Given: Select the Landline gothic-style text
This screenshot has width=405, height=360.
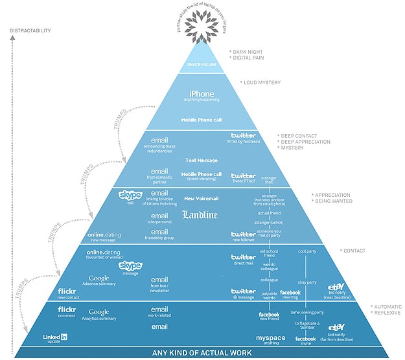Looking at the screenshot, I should pyautogui.click(x=200, y=215).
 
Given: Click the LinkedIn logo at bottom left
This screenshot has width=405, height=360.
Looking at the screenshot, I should pyautogui.click(x=55, y=337).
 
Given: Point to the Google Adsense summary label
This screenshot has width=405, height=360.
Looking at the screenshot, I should pyautogui.click(x=99, y=279).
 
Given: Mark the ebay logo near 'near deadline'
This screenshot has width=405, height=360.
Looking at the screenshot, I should pyautogui.click(x=336, y=287).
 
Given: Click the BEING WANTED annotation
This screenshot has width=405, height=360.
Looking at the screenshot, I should pyautogui.click(x=334, y=201).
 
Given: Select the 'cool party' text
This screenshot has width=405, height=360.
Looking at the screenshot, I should pyautogui.click(x=307, y=251).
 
